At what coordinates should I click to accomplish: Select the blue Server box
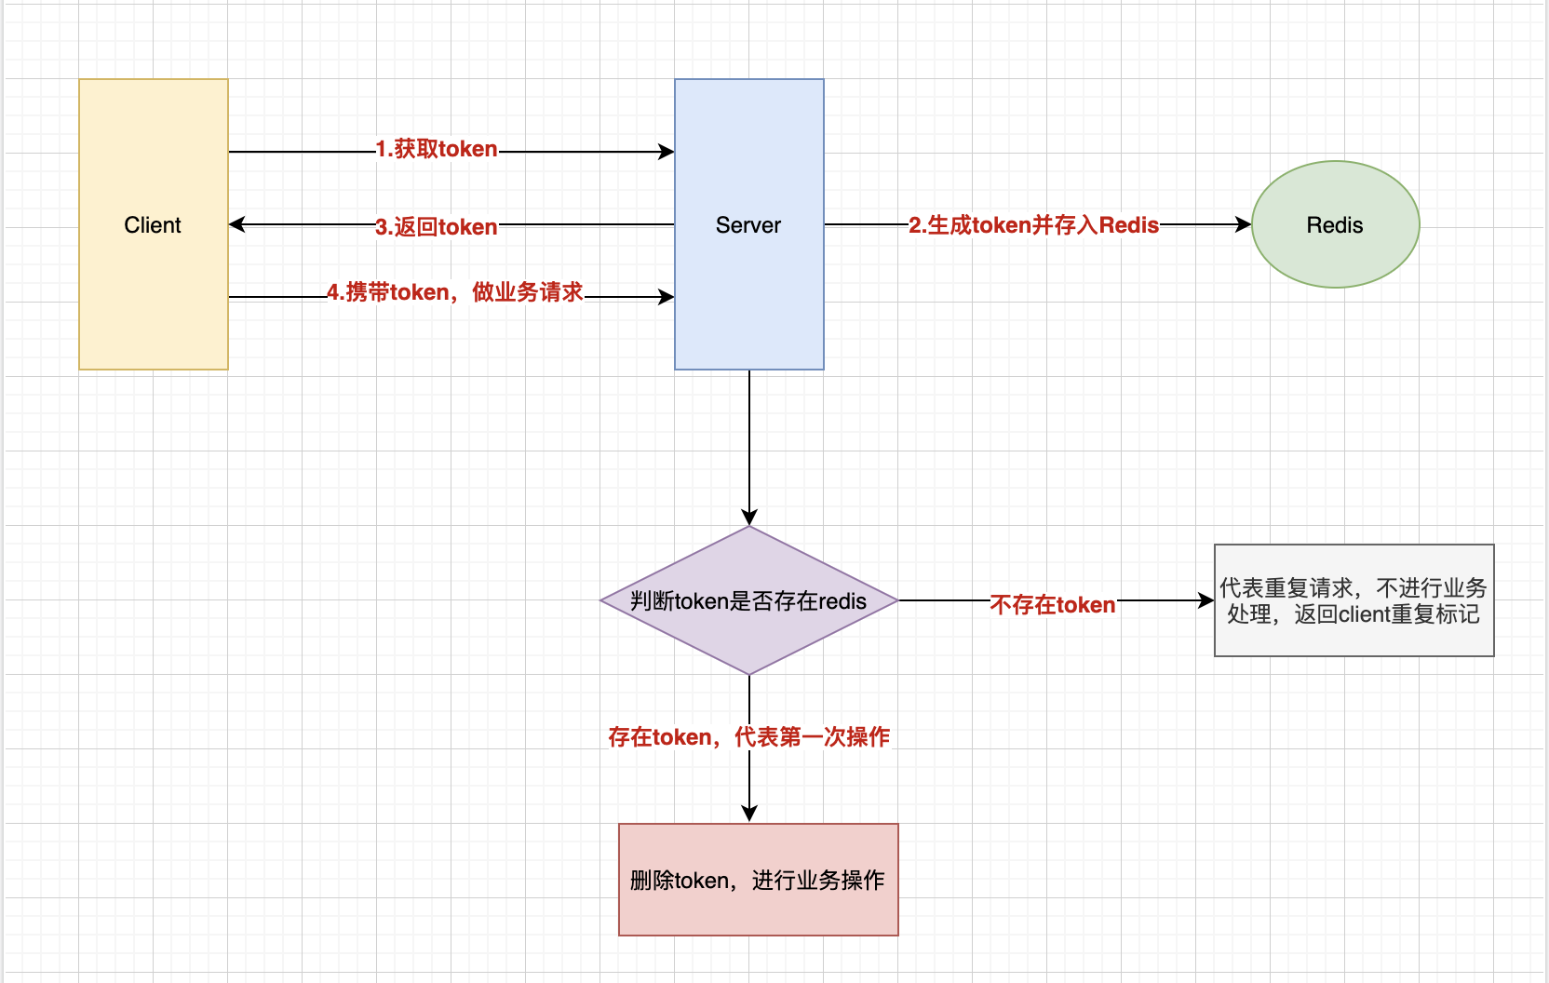click(749, 298)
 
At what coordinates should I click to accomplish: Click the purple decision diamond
click(749, 633)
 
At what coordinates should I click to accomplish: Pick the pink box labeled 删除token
click(759, 908)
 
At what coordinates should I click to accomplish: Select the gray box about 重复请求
click(1354, 638)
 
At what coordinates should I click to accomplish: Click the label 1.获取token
click(437, 149)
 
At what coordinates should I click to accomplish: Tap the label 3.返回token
click(437, 227)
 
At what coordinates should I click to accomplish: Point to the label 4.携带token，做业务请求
click(455, 292)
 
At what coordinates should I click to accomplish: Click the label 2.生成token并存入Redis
click(1034, 225)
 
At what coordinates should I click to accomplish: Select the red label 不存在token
click(1053, 605)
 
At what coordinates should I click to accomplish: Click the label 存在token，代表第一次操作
click(749, 737)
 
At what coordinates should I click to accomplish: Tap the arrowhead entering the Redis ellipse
click(1244, 224)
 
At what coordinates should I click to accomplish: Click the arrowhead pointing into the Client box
click(236, 224)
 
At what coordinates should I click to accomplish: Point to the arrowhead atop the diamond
click(749, 518)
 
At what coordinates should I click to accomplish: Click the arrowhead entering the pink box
click(749, 814)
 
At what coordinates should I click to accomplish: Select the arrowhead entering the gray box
click(1206, 600)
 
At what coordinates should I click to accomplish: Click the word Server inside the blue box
click(748, 225)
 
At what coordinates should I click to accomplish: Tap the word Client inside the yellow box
click(153, 225)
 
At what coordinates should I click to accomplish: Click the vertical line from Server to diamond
click(749, 438)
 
